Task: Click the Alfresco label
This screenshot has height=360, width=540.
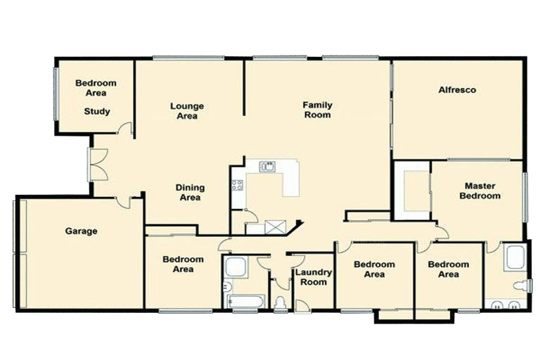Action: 457,90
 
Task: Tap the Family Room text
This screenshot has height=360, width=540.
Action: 317,110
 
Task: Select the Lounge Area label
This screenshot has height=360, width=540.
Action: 187,111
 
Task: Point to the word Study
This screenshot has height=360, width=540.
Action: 97,111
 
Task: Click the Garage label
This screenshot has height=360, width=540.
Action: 82,231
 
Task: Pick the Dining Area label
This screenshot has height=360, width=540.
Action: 190,193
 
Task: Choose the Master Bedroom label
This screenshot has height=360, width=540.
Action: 480,191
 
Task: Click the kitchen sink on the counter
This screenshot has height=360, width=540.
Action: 267,167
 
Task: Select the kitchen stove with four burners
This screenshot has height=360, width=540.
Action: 237,186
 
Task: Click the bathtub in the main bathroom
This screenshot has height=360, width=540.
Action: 244,302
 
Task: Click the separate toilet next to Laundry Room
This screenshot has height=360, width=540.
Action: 281,303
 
